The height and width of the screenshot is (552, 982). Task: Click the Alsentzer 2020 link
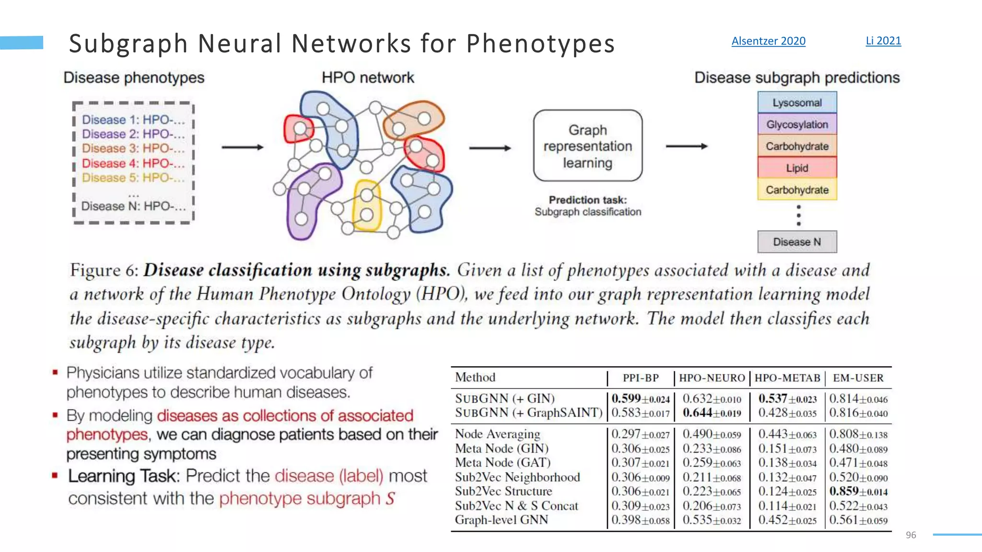[x=768, y=41]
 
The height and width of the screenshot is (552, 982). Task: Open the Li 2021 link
[x=883, y=41]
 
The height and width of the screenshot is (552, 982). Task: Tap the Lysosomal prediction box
[x=797, y=103]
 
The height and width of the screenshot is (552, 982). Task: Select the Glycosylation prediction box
[x=797, y=125]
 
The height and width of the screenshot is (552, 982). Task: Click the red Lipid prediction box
[x=797, y=168]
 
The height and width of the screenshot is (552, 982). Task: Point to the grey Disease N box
[x=797, y=242]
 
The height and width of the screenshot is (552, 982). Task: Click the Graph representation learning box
[x=588, y=146]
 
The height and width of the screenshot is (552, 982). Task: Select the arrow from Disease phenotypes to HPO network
[x=243, y=148]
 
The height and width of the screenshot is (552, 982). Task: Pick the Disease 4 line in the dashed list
[x=133, y=163]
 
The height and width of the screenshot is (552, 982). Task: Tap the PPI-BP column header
[x=641, y=378]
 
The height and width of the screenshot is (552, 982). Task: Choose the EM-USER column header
[x=858, y=378]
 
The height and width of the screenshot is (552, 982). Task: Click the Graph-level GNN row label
[x=502, y=520]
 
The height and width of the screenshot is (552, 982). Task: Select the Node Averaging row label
[x=497, y=434]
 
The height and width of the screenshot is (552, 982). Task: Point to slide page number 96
[x=911, y=535]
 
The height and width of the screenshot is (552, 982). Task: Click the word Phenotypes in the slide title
[x=540, y=44]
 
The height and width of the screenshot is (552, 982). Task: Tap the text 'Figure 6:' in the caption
[x=105, y=271]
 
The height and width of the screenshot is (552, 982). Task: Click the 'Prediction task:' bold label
[x=588, y=200]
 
